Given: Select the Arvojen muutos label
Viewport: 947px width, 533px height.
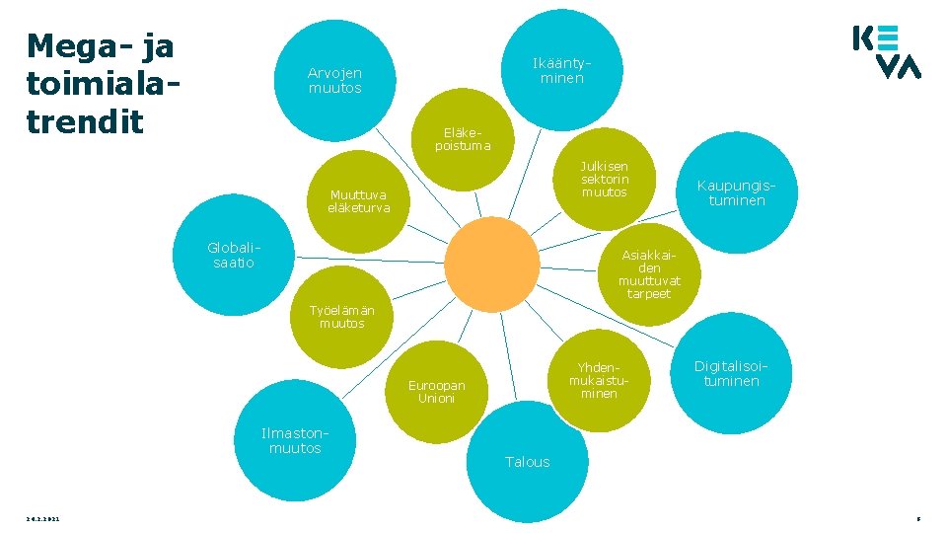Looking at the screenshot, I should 334,80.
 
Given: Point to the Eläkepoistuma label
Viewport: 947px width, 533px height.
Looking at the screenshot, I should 462,139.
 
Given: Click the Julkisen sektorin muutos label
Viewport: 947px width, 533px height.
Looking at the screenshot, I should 605,179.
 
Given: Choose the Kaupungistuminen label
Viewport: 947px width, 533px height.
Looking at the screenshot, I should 730,192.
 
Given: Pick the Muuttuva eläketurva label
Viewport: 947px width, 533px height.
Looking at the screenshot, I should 359,201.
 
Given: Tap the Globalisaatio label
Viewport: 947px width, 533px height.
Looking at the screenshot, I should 233,255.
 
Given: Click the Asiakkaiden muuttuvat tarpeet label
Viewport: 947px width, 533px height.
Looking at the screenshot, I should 649,274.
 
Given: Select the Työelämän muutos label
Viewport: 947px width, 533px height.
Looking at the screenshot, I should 341,317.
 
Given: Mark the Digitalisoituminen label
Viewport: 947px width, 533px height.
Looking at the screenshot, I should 731,373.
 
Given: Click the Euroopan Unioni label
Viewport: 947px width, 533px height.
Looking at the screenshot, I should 436,392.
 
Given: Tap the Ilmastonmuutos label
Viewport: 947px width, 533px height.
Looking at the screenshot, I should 295,440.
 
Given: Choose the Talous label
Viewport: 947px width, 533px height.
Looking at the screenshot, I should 528,462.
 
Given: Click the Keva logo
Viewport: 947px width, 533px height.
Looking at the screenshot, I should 886,52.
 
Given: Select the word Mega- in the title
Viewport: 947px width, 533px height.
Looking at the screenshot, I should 82,46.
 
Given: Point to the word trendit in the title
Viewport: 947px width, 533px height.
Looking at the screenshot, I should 86,121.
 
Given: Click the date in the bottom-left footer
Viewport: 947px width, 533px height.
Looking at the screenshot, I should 43,518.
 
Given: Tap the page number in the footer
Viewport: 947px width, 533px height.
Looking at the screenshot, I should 917,518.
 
